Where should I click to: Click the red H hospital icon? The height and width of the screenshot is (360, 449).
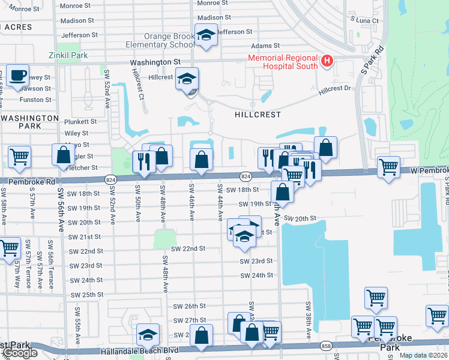click(x=327, y=61)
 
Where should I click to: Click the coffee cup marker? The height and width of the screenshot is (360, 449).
click(x=17, y=76)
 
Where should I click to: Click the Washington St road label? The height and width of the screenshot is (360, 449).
click(x=156, y=61)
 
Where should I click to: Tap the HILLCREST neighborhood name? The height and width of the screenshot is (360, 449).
click(x=257, y=113)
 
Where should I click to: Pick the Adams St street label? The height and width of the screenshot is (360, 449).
click(x=265, y=46)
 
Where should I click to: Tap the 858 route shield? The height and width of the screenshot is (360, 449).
click(x=326, y=346)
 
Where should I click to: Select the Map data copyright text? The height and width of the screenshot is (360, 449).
click(x=423, y=355)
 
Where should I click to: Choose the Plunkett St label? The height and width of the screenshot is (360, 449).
click(x=76, y=121)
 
